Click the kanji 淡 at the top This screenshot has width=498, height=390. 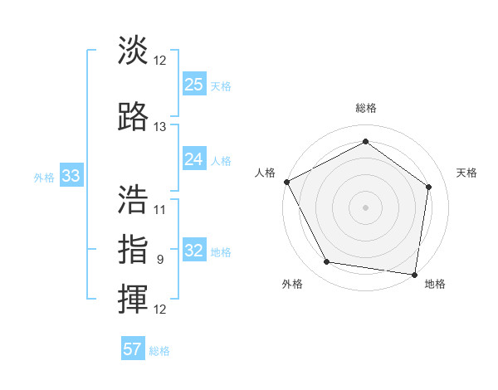(x=134, y=51)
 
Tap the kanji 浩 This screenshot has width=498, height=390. (x=134, y=198)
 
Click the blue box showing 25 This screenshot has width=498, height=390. (x=193, y=84)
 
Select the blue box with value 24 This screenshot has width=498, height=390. (x=193, y=158)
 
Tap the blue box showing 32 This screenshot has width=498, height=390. (x=193, y=250)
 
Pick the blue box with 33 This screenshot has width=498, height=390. (x=71, y=175)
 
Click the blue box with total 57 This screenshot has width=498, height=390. (x=133, y=349)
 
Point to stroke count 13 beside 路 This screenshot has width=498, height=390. (x=160, y=127)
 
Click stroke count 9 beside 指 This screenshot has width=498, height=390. (x=160, y=260)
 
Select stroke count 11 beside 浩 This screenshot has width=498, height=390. (x=160, y=210)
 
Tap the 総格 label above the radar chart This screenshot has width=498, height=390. (x=365, y=108)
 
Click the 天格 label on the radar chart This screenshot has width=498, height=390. (x=467, y=173)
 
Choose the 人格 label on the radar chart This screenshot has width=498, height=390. (x=265, y=173)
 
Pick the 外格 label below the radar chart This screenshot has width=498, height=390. (x=292, y=284)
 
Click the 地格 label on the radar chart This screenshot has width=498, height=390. (x=435, y=284)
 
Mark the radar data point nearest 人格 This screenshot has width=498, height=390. (x=286, y=182)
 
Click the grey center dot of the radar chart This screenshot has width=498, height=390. (x=365, y=207)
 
